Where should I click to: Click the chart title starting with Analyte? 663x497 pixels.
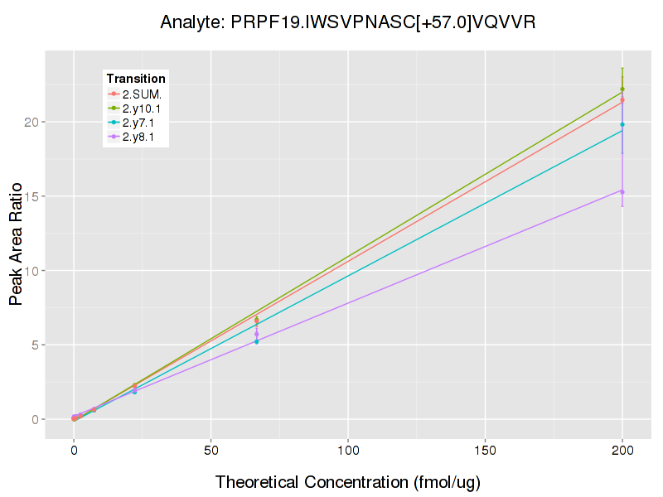[348, 22]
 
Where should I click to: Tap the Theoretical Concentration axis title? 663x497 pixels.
[348, 482]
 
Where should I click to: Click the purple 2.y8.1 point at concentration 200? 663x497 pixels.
[622, 191]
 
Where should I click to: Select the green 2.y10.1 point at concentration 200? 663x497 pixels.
[622, 89]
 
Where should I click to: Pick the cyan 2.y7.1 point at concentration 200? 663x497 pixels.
[622, 124]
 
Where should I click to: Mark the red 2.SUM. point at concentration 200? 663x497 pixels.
[622, 100]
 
